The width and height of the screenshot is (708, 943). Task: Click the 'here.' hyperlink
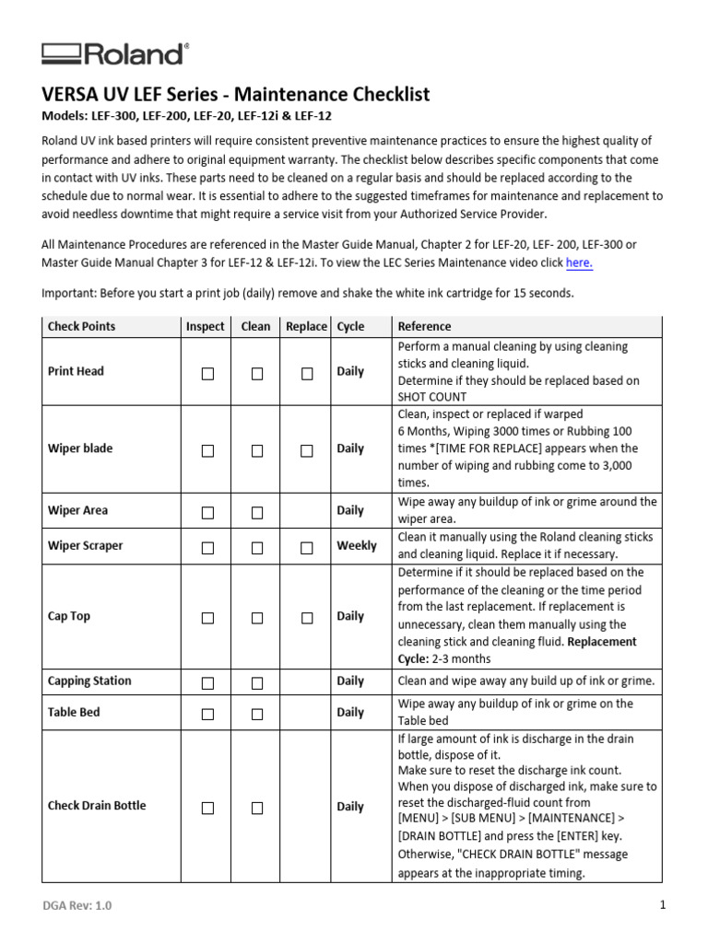point(579,262)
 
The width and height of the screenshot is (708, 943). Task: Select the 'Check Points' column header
point(82,326)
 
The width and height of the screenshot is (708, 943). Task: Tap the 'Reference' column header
point(424,326)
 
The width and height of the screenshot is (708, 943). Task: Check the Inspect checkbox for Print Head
point(207,373)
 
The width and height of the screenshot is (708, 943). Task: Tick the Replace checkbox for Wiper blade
point(307,450)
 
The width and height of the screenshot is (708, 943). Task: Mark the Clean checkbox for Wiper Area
point(257,512)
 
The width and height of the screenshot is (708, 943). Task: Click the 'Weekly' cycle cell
point(357,545)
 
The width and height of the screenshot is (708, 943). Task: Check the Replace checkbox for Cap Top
point(307,618)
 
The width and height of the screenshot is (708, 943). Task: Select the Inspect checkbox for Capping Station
point(207,682)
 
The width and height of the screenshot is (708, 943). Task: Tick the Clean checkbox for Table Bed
point(257,714)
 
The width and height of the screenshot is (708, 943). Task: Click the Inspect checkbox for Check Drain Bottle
point(207,808)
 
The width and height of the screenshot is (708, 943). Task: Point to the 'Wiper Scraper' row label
point(85,545)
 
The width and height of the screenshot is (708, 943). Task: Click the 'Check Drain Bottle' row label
point(97,806)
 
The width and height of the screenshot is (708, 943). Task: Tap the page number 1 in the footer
point(662,905)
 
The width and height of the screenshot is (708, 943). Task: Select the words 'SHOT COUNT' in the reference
point(432,397)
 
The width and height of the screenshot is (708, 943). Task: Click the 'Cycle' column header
point(351,326)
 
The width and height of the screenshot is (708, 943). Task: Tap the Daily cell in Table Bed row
point(350,712)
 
